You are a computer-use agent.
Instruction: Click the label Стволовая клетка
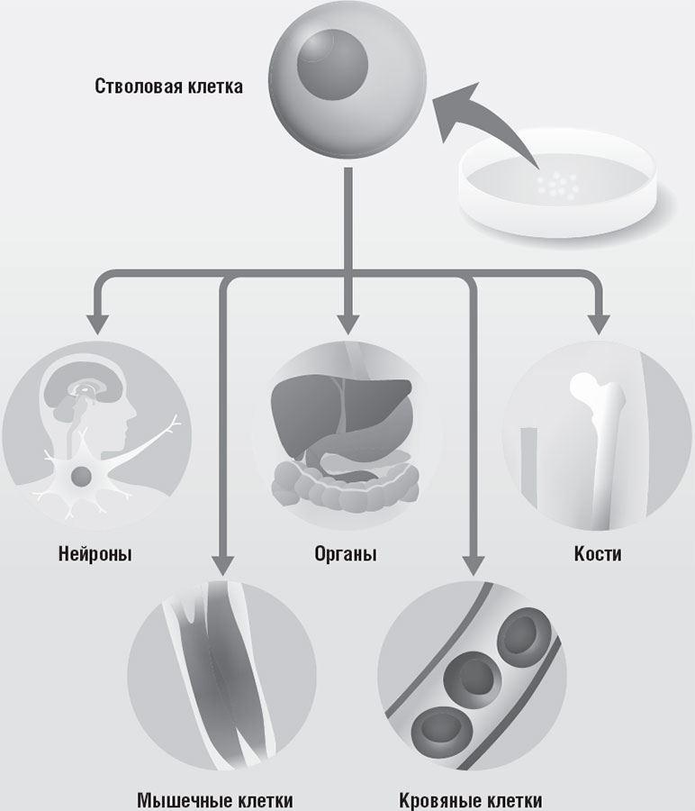coord(169,87)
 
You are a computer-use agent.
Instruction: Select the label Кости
coord(598,553)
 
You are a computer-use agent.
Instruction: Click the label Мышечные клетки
coord(215,800)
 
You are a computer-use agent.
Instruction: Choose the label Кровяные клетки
coord(471,800)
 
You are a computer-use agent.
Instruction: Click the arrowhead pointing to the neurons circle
coord(96,323)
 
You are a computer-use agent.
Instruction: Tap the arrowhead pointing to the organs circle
coord(348,323)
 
